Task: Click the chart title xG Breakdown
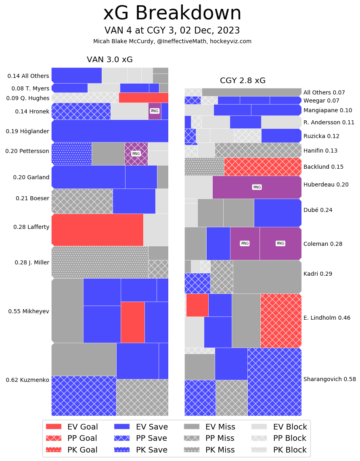[172, 13]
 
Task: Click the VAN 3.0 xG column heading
[109, 60]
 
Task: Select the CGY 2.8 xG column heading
[243, 81]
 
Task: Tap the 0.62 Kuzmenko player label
[27, 380]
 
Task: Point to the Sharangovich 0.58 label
[329, 379]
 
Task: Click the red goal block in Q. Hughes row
[143, 98]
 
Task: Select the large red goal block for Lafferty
[97, 230]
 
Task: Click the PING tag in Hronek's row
[155, 111]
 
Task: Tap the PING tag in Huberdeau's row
[257, 187]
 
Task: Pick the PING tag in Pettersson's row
[136, 154]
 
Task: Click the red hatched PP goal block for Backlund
[262, 167]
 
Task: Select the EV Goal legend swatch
[54, 427]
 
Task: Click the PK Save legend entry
[140, 450]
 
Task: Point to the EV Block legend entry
[279, 427]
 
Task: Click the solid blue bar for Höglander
[110, 131]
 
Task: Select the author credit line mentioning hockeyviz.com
[172, 41]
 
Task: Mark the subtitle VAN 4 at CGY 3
[172, 31]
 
